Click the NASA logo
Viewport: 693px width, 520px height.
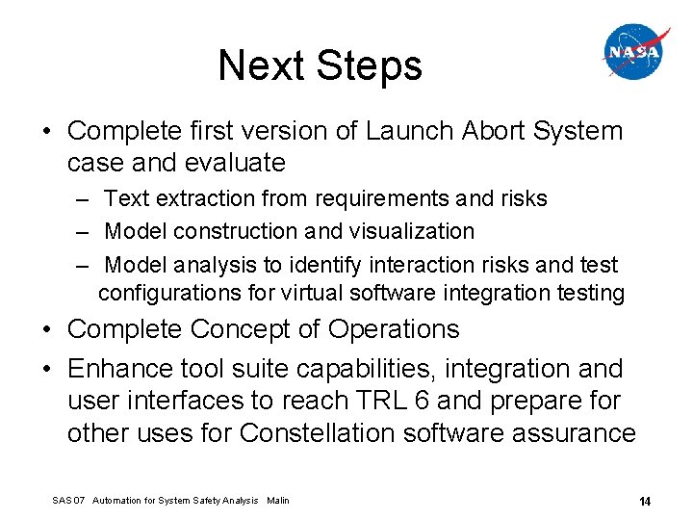[x=635, y=52]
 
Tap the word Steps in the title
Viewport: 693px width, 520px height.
[x=370, y=65]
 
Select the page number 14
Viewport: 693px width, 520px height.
[x=645, y=501]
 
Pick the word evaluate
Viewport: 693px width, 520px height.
[x=238, y=163]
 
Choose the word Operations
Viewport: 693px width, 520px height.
[x=394, y=329]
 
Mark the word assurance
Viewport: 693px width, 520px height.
[x=574, y=433]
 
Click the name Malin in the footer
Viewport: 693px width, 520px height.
[x=277, y=501]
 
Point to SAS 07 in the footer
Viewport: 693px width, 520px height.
[x=69, y=501]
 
